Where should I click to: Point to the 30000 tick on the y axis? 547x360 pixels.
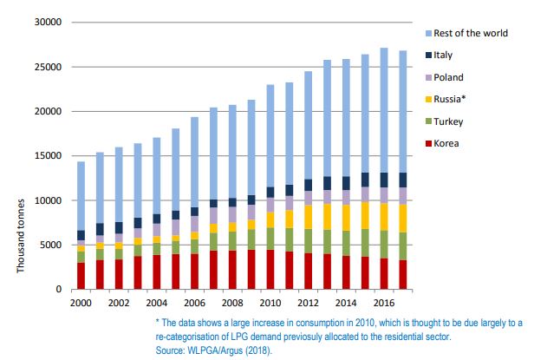coord(48,22)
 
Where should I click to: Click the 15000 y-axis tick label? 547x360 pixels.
coord(48,155)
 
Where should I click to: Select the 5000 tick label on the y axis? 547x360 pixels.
coord(50,245)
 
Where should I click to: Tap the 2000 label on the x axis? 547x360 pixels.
coord(81,302)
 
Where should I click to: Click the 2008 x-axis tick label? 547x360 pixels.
coord(232,302)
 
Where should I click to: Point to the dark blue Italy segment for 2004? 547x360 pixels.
coord(156,219)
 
